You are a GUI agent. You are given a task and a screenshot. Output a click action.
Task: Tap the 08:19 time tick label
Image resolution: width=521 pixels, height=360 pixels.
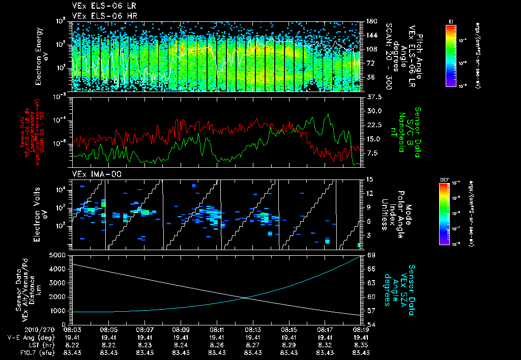[361, 329]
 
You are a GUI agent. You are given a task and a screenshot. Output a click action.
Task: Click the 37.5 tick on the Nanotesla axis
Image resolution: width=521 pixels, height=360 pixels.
[373, 97]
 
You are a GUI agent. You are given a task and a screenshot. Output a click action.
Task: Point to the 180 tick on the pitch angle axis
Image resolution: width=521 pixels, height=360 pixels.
[371, 21]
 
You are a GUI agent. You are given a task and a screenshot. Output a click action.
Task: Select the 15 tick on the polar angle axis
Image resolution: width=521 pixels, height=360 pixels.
[369, 179]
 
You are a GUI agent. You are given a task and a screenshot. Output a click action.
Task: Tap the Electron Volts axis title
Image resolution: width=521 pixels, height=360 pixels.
[42, 214]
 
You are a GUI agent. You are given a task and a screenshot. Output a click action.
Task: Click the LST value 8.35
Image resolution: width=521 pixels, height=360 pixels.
[361, 344]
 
